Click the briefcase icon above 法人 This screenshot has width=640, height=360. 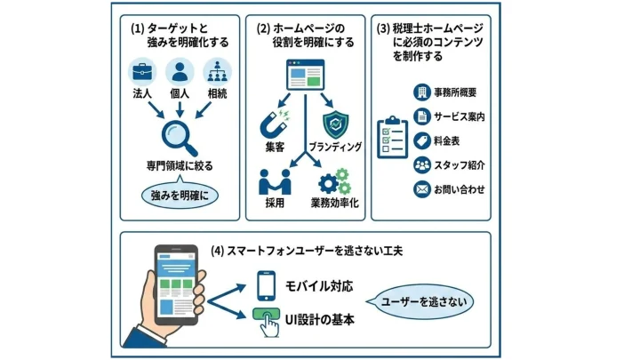142,70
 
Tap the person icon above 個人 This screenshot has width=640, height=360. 180,70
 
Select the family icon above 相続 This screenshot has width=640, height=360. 217,70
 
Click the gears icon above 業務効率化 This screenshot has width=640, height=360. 334,181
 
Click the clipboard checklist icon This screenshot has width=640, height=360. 392,140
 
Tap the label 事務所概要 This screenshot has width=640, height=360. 461,92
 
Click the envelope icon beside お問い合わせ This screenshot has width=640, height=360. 422,188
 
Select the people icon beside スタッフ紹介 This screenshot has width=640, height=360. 422,164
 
